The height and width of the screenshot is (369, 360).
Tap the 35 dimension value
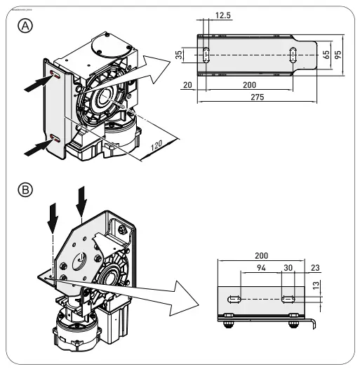click(x=180, y=54)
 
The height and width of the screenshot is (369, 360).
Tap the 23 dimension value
click(x=314, y=269)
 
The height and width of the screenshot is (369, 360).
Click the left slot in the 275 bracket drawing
click(x=206, y=54)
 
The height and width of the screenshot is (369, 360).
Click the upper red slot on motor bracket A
click(x=55, y=74)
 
